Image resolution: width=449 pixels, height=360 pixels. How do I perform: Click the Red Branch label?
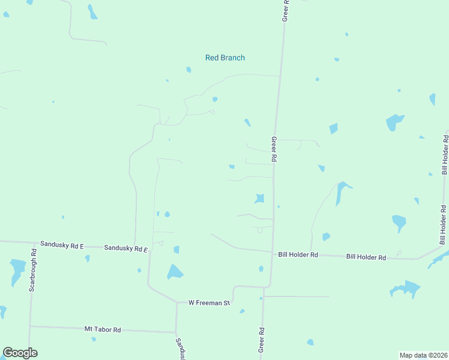pos(225,58)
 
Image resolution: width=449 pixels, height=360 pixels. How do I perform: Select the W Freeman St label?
pos(209,303)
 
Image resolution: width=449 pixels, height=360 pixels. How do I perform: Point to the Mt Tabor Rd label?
pos(103,329)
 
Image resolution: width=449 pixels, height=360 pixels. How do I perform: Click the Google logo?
pos(20,353)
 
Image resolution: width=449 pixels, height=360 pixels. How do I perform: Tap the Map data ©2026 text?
pos(423,355)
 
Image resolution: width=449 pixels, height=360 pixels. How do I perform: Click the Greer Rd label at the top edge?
pos(286,11)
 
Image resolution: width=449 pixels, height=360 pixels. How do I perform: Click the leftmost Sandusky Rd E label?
pos(62,245)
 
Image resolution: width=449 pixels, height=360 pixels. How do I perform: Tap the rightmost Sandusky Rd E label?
pos(125,248)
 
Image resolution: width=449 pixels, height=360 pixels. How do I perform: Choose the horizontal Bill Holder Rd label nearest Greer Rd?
pos(298,254)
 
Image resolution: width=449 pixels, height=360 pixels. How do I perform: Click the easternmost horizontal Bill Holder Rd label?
pos(366,257)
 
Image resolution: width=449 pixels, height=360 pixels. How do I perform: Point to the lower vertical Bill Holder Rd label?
pos(443,225)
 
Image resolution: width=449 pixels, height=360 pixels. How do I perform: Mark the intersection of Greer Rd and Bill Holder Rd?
pos(273,252)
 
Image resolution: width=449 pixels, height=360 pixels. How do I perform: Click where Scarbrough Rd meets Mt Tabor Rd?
pos(30,326)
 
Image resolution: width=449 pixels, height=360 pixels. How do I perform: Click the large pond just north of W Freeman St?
pos(175,272)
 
